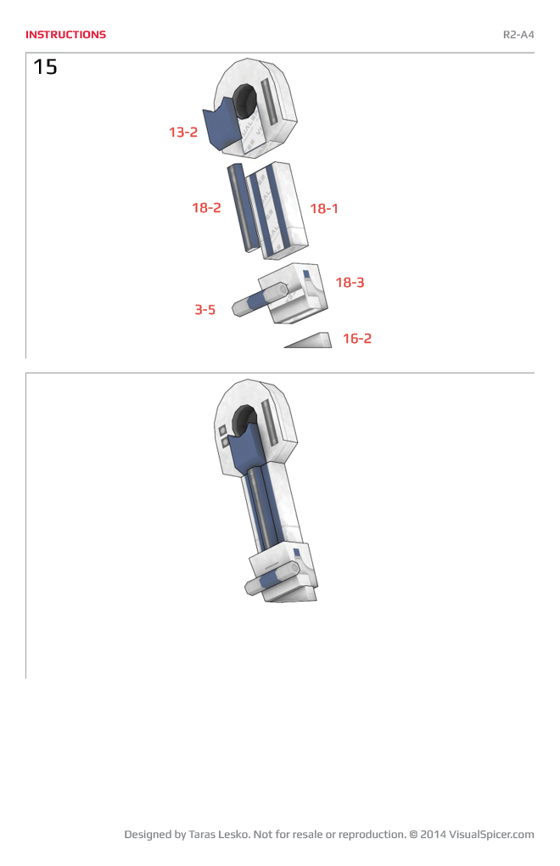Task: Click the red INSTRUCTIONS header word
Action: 65,35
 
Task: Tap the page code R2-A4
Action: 518,35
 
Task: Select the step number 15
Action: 45,67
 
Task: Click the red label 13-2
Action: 182,132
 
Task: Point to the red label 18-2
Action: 206,208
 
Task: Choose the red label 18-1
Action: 324,208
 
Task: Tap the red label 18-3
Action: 350,283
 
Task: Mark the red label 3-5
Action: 204,310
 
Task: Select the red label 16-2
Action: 357,339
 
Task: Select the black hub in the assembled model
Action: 243,420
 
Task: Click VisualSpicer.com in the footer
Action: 491,835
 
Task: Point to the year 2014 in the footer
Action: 433,835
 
